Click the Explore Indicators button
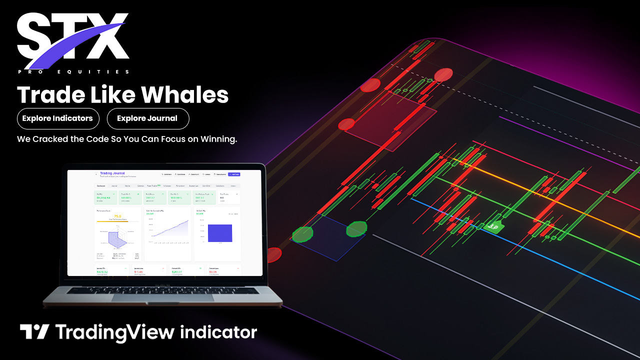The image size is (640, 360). point(57,118)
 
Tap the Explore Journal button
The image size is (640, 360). point(147,118)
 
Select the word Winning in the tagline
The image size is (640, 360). point(218,139)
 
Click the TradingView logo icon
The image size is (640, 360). point(34,332)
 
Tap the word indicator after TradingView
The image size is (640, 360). point(218,332)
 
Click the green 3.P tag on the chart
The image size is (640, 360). point(492,226)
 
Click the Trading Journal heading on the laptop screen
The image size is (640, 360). point(112,173)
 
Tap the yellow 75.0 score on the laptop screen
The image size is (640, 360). point(118,216)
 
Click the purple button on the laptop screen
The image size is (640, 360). point(233,174)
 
